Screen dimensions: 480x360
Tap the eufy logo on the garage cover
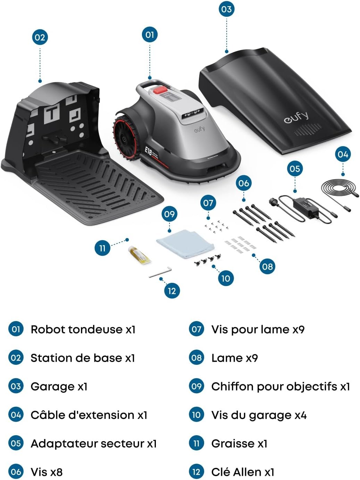(296, 117)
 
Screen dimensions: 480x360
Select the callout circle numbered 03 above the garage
(226, 9)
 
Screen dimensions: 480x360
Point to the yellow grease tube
(138, 255)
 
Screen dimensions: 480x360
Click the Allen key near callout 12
(160, 272)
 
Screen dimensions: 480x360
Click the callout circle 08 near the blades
(267, 267)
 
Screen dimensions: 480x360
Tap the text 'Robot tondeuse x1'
(83, 329)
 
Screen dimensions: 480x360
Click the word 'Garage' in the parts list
(52, 386)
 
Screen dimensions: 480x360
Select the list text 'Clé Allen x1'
(243, 472)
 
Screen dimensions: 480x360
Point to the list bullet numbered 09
(196, 386)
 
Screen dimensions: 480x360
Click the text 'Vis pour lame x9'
(258, 329)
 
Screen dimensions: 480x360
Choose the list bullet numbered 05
(16, 444)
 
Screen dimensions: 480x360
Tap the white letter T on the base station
(52, 113)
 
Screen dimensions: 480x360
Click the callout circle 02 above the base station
(40, 37)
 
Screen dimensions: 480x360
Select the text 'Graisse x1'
(239, 444)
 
